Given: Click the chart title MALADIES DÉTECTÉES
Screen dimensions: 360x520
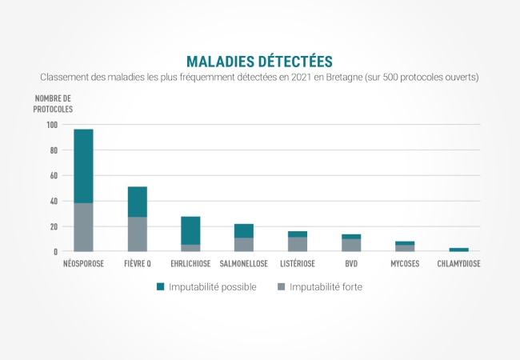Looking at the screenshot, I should tap(259, 62).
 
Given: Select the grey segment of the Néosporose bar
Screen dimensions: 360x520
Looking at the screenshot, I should tap(83, 227).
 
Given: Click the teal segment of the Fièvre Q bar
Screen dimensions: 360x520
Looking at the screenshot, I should tap(138, 202).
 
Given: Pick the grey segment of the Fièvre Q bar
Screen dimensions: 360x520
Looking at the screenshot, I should tap(138, 234).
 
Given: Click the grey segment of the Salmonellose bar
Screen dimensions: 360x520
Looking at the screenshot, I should tap(244, 244).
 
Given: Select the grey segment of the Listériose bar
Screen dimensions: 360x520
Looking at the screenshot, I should tap(298, 244).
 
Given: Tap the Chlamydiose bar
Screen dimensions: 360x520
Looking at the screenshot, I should tap(458, 250).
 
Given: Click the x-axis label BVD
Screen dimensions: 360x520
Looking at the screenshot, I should tap(351, 263).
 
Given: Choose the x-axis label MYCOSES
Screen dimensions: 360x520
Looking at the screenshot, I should tap(405, 263).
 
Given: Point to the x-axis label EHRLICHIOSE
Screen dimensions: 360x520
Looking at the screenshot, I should tap(190, 263).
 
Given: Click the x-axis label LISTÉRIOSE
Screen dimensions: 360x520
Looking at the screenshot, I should tap(298, 263).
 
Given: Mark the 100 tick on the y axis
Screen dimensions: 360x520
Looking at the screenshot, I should tap(52, 125).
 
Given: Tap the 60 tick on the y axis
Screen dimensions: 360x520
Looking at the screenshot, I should tap(54, 175).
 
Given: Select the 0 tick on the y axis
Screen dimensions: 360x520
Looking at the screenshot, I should tap(56, 251).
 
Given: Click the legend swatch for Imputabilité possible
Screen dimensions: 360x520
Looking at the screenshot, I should tap(161, 286).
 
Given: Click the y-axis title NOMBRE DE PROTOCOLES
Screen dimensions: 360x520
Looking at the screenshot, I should tap(53, 103).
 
